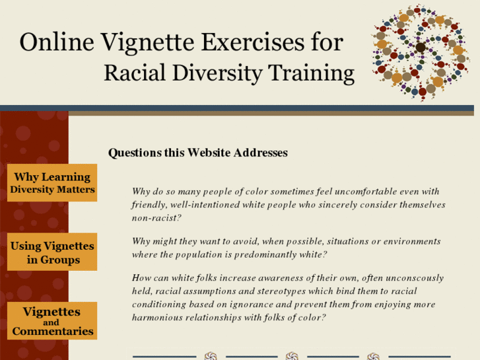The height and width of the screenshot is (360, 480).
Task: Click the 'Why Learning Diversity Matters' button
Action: coord(52,183)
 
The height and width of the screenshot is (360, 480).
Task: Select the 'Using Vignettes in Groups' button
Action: coord(52,252)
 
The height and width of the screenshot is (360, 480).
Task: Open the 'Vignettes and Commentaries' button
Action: coord(52,321)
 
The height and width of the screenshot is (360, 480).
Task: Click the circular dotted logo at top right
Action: coord(420,52)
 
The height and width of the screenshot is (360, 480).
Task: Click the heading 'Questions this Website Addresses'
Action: coord(197,153)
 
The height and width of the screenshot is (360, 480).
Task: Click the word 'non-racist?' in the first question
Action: coord(156,218)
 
